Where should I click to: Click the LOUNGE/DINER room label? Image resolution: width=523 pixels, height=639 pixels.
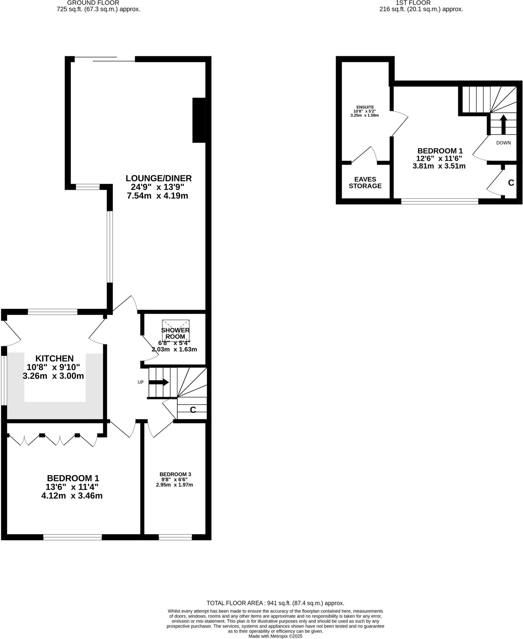159,178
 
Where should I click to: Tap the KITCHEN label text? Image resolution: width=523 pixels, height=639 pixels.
54,359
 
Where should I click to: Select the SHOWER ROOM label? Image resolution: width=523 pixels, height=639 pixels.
175,333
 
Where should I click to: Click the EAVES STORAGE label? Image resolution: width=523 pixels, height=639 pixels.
365,183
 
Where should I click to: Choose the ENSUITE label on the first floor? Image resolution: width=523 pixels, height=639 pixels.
365,107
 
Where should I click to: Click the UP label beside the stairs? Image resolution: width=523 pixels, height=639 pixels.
141,382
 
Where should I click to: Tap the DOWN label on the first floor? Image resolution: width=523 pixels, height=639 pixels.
503,143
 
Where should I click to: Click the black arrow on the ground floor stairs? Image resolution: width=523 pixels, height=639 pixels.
159,382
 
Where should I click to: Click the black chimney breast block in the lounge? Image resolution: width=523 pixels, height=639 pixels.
199,120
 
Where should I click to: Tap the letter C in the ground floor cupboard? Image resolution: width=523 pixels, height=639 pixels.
193,410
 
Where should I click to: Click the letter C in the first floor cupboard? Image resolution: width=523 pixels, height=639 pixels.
511,183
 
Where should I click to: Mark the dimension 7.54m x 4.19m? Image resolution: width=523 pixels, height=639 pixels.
157,196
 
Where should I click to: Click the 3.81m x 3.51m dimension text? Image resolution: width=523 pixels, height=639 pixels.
439,166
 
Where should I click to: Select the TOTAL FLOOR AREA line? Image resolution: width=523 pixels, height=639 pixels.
275,603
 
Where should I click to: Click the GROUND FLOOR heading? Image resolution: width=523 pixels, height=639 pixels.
93,3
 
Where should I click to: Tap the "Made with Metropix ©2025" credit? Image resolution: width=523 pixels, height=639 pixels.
275,636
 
